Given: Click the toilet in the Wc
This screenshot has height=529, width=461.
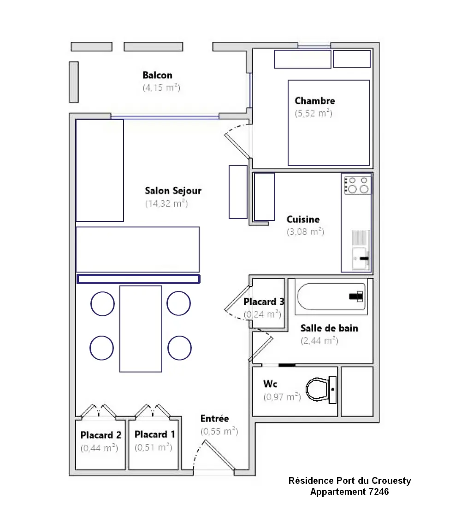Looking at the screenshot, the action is (x=321, y=389).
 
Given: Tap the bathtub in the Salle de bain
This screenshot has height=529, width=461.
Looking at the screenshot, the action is (x=331, y=296).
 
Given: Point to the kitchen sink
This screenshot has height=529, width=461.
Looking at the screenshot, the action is (x=361, y=258).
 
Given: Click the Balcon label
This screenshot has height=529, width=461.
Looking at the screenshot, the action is (x=157, y=75).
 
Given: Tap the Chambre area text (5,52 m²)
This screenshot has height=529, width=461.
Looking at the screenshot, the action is (x=314, y=113).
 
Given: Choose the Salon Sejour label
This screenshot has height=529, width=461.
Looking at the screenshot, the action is (x=173, y=191).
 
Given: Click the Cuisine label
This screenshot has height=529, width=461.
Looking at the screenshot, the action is (x=303, y=219).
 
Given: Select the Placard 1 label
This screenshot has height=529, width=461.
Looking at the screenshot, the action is (x=155, y=434).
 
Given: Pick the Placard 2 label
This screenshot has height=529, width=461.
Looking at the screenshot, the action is (x=100, y=435).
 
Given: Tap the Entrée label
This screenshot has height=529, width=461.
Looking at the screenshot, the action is (x=214, y=419).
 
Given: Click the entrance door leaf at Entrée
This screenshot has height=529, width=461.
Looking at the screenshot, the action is (x=219, y=455).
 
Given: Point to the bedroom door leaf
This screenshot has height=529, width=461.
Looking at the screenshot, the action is (x=238, y=146).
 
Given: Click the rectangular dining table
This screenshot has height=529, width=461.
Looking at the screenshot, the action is (x=141, y=329).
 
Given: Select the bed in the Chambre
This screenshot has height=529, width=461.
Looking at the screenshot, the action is (x=329, y=122).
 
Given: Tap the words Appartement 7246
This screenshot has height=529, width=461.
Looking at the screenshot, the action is (x=349, y=492).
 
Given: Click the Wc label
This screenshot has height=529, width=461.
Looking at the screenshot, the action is (x=270, y=384).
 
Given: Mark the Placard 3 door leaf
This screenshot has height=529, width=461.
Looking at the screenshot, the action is (x=237, y=297).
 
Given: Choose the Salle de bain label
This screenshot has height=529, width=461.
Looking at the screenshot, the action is (x=329, y=328).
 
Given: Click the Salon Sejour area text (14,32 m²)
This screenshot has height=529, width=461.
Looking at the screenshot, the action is (x=166, y=203).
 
